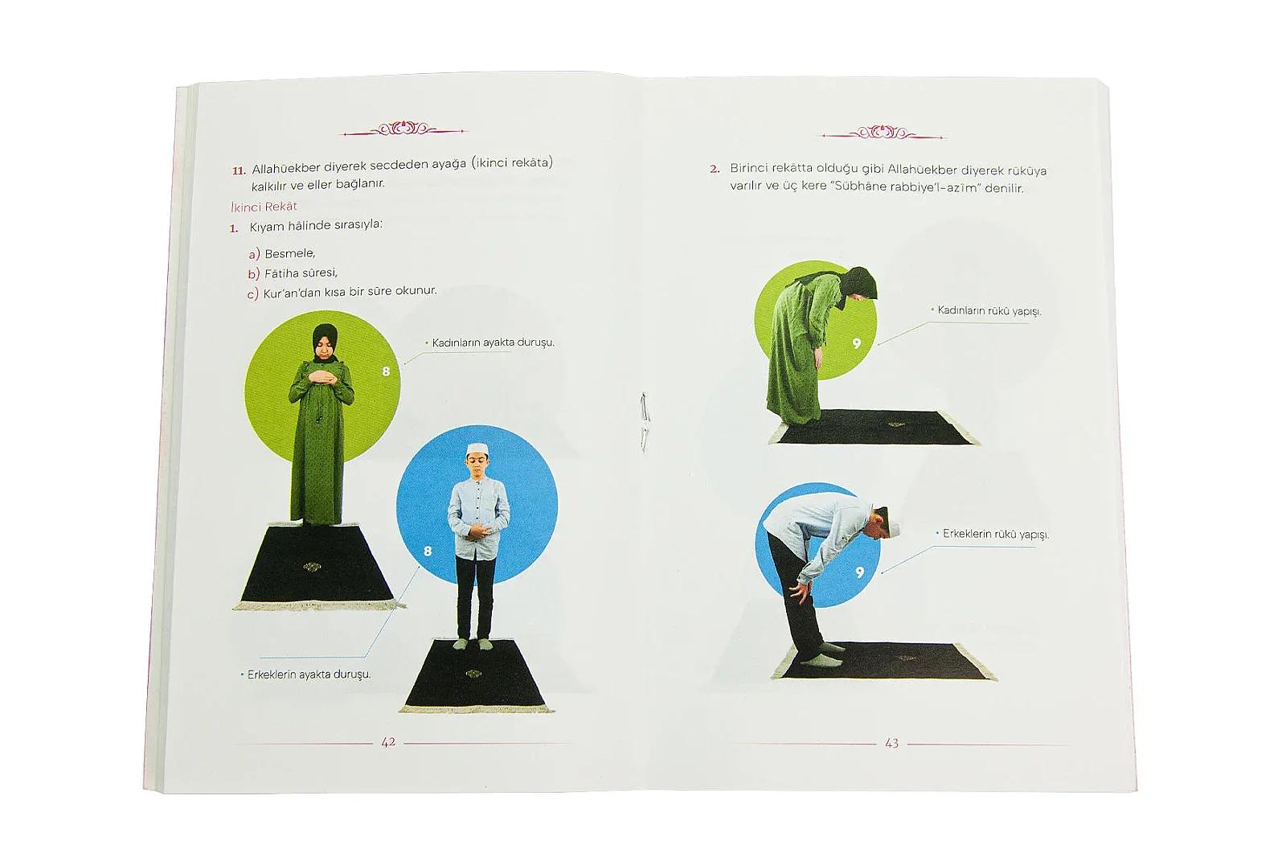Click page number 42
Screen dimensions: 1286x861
(389, 742)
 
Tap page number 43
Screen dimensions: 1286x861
(891, 744)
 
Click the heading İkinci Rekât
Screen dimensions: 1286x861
(264, 206)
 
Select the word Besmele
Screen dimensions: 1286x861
(290, 253)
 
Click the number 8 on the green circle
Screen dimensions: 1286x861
(386, 371)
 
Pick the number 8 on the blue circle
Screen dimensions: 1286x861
(427, 551)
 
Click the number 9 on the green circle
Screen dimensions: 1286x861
(857, 343)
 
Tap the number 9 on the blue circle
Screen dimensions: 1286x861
(859, 572)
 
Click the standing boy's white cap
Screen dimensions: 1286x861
(477, 449)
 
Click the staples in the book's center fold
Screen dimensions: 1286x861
(645, 422)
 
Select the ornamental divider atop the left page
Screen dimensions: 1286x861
(403, 129)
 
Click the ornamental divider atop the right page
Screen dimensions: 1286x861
(883, 133)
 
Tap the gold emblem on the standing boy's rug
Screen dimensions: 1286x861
(473, 674)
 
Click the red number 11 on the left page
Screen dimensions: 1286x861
(238, 170)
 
